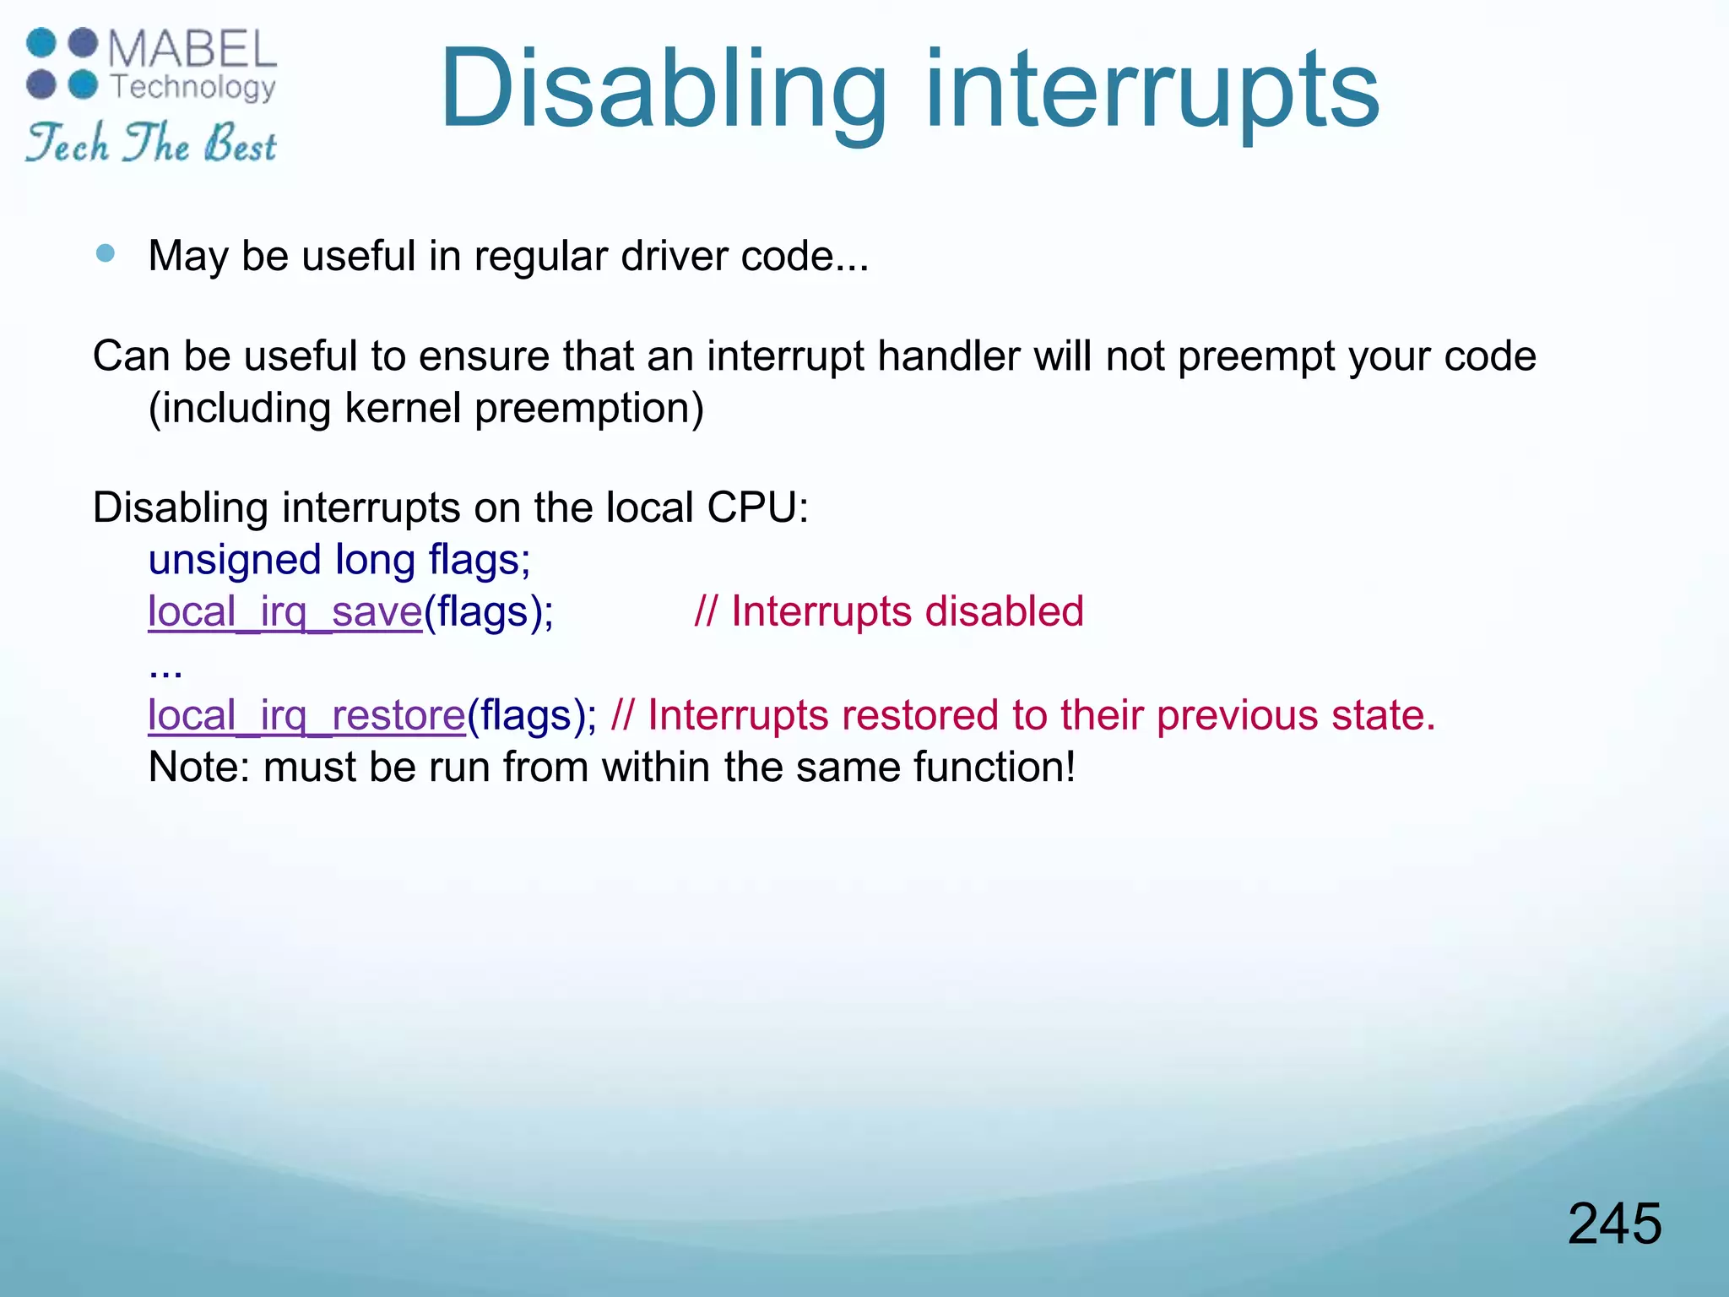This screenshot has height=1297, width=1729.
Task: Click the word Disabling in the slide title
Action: click(663, 90)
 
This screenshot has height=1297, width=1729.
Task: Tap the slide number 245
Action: click(1614, 1224)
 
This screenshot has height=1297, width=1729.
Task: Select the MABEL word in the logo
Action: click(192, 49)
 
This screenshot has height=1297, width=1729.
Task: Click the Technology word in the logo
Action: click(193, 86)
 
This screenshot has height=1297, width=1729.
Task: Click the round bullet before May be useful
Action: click(106, 253)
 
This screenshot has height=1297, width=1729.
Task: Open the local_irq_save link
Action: click(285, 611)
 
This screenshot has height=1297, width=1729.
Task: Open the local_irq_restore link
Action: click(306, 715)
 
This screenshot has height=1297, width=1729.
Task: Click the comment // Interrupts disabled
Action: click(888, 611)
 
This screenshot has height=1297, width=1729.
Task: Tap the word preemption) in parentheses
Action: click(588, 409)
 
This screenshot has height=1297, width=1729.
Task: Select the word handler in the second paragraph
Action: click(949, 356)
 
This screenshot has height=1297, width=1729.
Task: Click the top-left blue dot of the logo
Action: click(41, 43)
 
